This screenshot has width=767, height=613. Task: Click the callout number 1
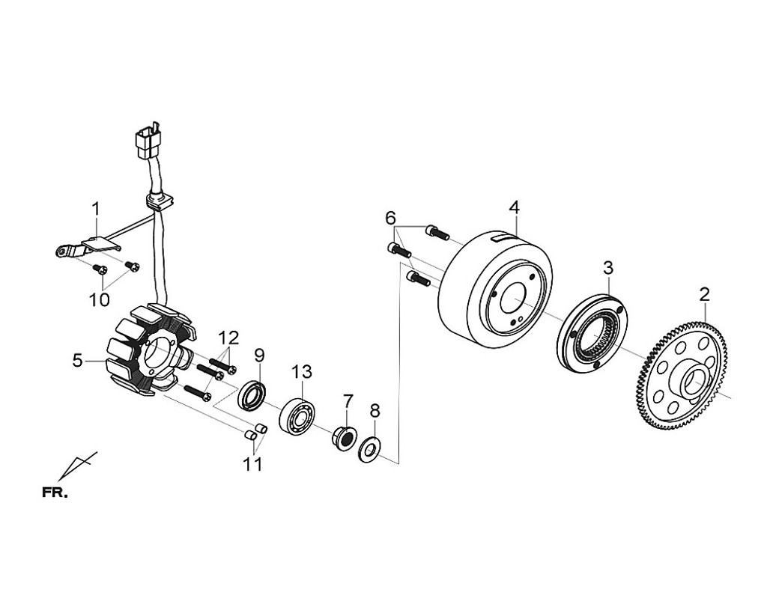click(95, 207)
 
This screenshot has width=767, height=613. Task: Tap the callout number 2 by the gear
click(704, 294)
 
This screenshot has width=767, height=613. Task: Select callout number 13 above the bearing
click(301, 371)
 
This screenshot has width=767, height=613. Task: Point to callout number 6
click(390, 218)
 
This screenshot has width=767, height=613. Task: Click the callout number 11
click(252, 464)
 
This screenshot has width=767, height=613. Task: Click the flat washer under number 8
click(370, 451)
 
